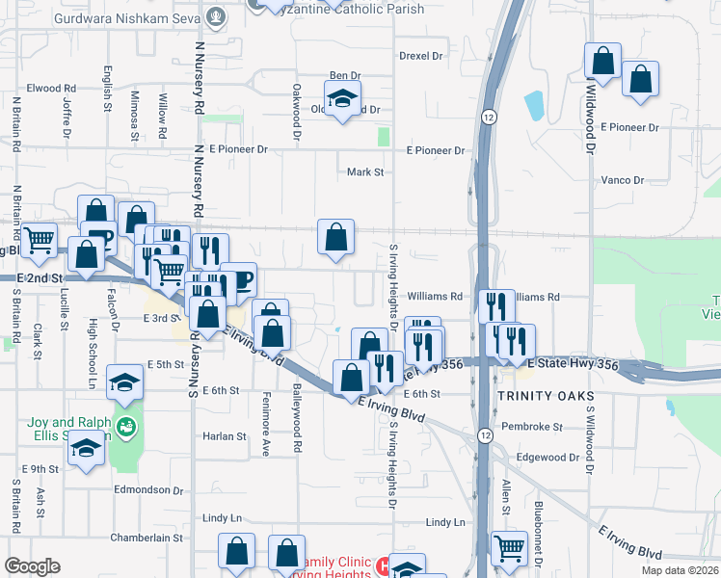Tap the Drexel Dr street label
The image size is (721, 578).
420,56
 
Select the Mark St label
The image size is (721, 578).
365,172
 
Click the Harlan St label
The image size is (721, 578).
225,436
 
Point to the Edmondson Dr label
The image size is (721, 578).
148,489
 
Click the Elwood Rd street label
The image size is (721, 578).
44,88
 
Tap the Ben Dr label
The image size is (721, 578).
344,75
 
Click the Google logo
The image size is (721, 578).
32,566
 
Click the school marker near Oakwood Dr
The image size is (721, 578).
341,98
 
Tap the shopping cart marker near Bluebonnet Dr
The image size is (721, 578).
508,549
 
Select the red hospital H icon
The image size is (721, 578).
383,564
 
